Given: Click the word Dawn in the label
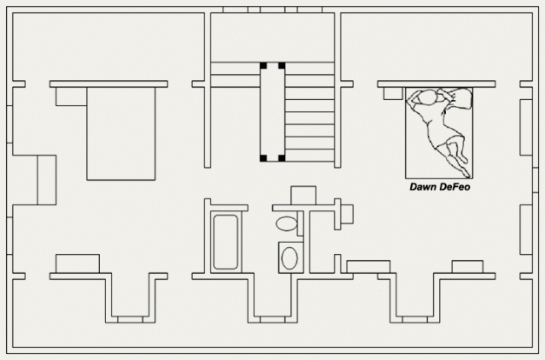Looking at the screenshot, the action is (x=423, y=187).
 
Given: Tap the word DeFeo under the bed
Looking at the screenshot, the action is (x=455, y=187).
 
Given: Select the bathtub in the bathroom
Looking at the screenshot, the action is (x=226, y=242).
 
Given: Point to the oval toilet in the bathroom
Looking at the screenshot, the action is (x=287, y=223).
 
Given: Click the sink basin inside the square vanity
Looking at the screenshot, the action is (x=289, y=258).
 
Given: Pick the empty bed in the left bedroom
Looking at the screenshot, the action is (x=121, y=134).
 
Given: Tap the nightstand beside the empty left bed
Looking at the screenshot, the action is (x=71, y=97).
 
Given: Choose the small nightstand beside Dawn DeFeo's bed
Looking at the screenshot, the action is (x=393, y=93).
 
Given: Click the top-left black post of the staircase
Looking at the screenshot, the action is (x=263, y=65).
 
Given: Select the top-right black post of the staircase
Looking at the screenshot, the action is (x=282, y=65).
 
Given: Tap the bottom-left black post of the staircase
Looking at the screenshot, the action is (x=263, y=158).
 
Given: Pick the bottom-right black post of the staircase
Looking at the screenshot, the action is (x=282, y=158).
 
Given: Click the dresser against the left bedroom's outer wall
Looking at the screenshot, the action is (x=47, y=180).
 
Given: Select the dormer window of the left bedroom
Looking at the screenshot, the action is (x=130, y=319).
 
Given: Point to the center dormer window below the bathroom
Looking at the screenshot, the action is (x=273, y=319).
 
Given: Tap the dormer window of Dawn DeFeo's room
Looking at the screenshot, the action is (x=415, y=319).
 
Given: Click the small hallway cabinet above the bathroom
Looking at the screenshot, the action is (x=303, y=196).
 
